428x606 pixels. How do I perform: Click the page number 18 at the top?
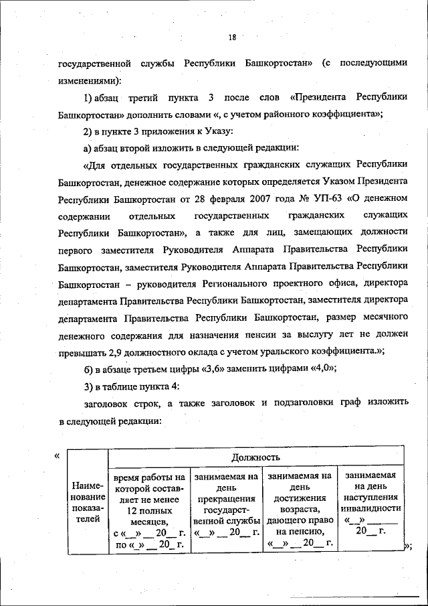pyautogui.click(x=232, y=37)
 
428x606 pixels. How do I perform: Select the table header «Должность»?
pyautogui.click(x=255, y=457)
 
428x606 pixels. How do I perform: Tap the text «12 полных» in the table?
pyautogui.click(x=150, y=510)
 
